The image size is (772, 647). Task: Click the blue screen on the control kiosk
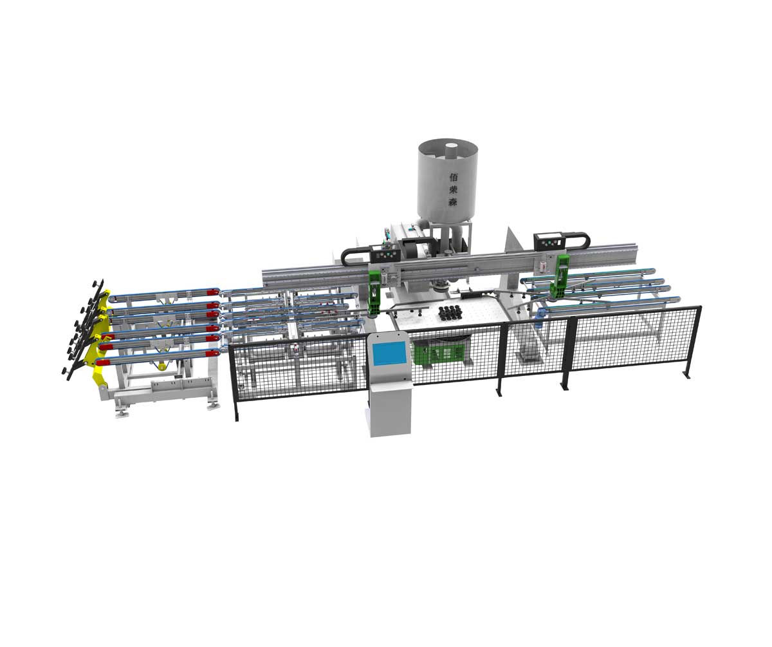pyautogui.click(x=389, y=353)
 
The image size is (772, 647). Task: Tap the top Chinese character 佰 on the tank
pyautogui.click(x=454, y=177)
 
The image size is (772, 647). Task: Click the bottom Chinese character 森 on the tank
pyautogui.click(x=453, y=202)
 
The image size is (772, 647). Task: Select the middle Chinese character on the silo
pyautogui.click(x=454, y=190)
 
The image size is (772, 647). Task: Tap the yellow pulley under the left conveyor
pyautogui.click(x=161, y=366)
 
